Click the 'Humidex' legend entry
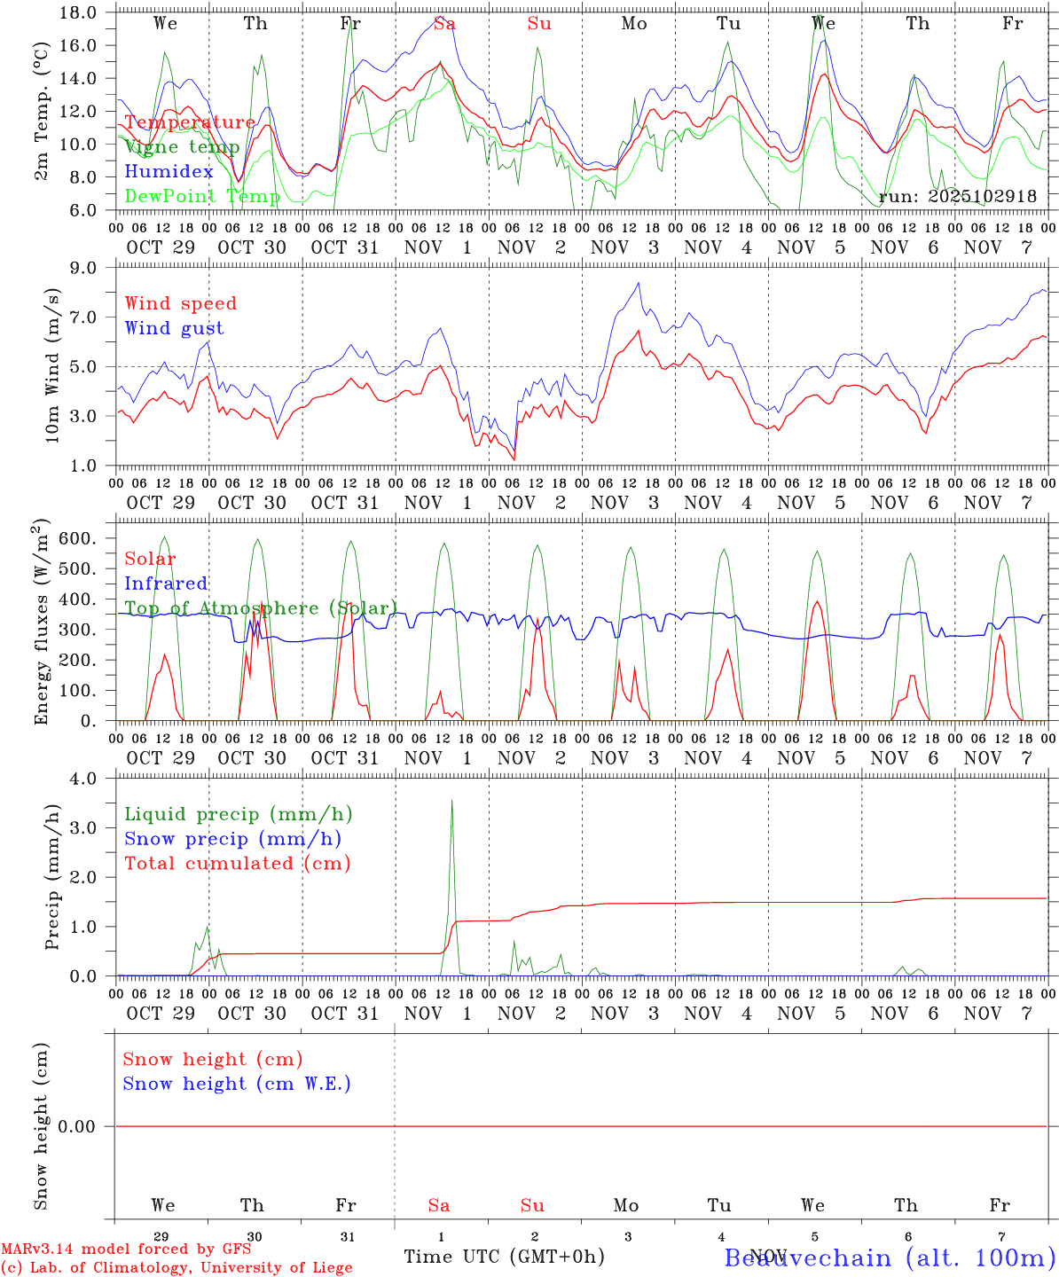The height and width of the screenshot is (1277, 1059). pyautogui.click(x=169, y=172)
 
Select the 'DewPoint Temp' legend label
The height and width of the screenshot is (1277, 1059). pyautogui.click(x=202, y=196)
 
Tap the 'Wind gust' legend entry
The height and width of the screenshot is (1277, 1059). pyautogui.click(x=174, y=328)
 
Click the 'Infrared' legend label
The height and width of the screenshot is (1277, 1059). pyautogui.click(x=166, y=584)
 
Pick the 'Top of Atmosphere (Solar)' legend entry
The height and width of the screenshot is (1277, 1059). pyautogui.click(x=261, y=608)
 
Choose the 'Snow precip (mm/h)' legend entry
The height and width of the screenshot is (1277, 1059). pyautogui.click(x=232, y=839)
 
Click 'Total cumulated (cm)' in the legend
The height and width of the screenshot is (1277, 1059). pyautogui.click(x=237, y=864)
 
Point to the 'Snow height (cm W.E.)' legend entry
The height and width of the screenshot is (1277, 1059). pyautogui.click(x=237, y=1084)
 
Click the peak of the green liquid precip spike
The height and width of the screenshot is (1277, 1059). pyautogui.click(x=452, y=801)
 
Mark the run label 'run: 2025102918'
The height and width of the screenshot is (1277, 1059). pyautogui.click(x=957, y=197)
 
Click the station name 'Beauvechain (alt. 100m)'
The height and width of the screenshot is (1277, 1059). pyautogui.click(x=890, y=1257)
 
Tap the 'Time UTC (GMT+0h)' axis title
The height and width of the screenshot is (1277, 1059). pyautogui.click(x=504, y=1257)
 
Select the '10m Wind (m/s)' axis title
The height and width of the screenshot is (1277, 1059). pyautogui.click(x=52, y=365)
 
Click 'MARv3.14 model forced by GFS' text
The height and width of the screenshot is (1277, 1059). pyautogui.click(x=126, y=1250)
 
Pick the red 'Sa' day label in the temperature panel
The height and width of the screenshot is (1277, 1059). pyautogui.click(x=445, y=24)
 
